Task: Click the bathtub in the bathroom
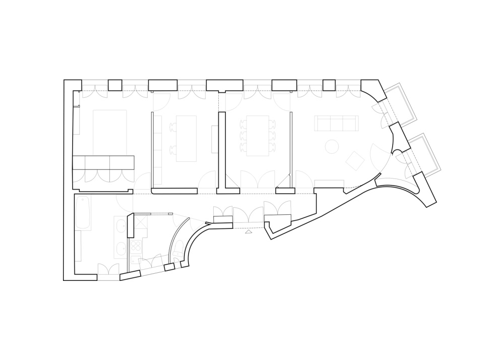tap(84, 212)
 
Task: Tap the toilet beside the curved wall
tap(178, 248)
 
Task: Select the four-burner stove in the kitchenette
tap(136, 247)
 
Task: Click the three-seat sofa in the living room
tap(336, 123)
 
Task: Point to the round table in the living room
tap(332, 146)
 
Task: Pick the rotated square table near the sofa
tap(355, 161)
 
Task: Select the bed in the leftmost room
tap(109, 133)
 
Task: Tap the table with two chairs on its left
tap(186, 138)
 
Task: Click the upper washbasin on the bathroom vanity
tap(120, 226)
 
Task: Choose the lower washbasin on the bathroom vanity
tap(120, 249)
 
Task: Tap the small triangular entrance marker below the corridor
tap(248, 232)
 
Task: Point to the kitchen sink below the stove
tap(136, 260)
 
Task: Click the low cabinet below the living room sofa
tap(328, 184)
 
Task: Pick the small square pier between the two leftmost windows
tap(115, 85)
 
